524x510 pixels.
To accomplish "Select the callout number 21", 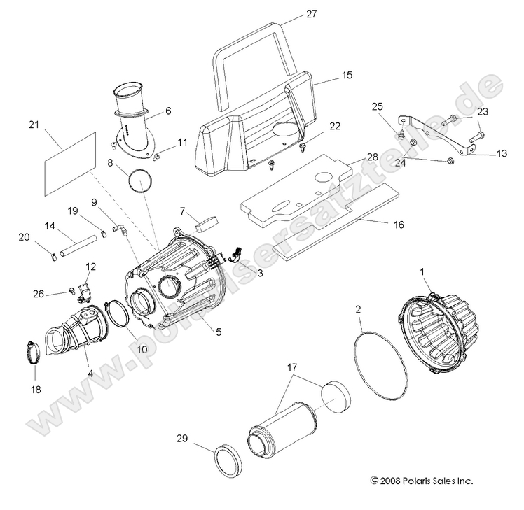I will click(x=33, y=125).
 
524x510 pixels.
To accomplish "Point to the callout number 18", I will click(x=35, y=389).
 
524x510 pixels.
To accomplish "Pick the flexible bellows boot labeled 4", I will click(x=76, y=333).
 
